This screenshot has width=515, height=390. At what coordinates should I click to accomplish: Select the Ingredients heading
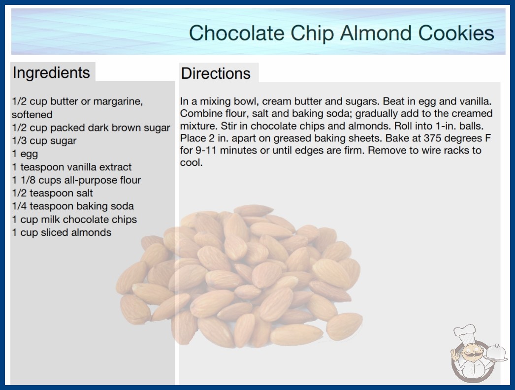coord(51,73)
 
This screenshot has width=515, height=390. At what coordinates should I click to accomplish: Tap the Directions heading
coord(216,73)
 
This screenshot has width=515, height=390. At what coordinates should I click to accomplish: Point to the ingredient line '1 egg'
coord(25,154)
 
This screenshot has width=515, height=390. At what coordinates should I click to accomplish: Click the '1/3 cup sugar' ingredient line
coord(44,141)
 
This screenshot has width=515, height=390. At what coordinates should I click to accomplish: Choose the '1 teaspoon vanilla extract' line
coord(71,167)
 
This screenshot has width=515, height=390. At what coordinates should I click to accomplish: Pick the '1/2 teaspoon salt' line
coord(52,193)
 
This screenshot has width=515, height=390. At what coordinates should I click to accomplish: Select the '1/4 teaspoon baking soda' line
coord(72,206)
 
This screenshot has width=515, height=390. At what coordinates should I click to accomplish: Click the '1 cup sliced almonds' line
coord(62,232)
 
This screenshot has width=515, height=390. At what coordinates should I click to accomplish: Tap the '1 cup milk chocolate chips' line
coord(74,219)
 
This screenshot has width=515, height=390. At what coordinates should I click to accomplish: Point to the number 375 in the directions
coord(432,138)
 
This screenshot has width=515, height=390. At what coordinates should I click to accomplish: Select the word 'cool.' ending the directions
coord(191,162)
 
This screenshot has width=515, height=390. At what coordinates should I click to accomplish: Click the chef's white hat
coord(465,332)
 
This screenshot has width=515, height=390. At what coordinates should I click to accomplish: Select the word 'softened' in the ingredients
coord(32,115)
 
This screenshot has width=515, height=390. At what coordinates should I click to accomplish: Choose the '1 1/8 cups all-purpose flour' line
coord(76,180)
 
